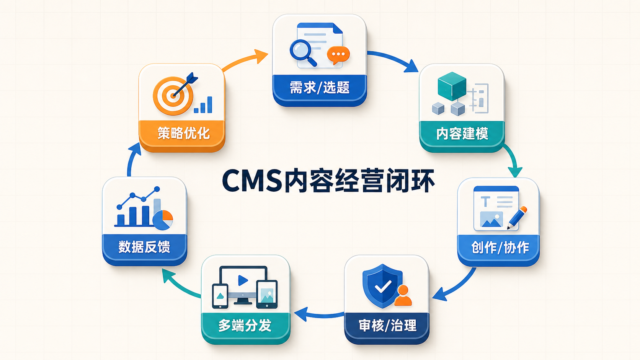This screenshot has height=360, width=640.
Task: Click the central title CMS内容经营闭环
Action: coord(328,181)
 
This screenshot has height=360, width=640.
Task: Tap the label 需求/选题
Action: coord(320,87)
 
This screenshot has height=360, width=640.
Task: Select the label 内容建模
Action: coord(462,134)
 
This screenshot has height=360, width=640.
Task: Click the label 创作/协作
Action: coord(500,247)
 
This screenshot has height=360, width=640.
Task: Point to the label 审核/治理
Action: coord(387,326)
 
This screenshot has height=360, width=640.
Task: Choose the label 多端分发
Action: coord(245,326)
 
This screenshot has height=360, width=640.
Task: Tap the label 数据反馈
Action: coord(144,247)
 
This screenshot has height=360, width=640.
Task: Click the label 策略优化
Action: coord(183,133)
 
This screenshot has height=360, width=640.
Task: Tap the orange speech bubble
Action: coord(338,55)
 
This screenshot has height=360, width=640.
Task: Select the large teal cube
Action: coord(452,86)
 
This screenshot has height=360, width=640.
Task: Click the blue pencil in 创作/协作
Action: coord(517,218)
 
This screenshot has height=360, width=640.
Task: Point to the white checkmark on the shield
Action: coord(383,286)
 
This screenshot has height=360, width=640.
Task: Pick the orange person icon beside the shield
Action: coord(403,295)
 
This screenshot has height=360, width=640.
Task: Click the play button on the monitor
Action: coord(243,280)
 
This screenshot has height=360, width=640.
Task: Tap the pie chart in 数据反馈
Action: coord(163,220)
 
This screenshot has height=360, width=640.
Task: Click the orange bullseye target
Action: coord(173,96)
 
